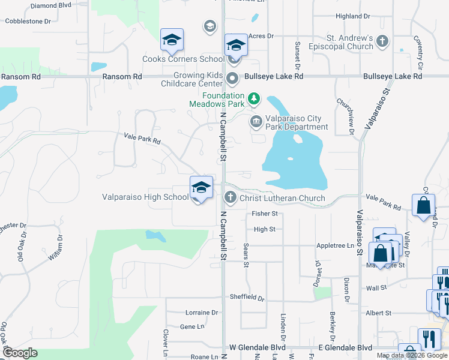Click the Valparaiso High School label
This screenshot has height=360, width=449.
pos(145,197)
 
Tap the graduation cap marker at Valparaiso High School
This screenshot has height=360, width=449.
pos(201,187)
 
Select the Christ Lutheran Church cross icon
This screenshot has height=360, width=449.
pos(230,197)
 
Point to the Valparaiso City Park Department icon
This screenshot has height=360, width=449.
pos(256,122)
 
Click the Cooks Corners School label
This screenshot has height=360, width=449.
pos(183,59)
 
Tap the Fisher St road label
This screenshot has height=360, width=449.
pos(265,214)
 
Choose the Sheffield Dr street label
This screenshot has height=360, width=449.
pos(247,297)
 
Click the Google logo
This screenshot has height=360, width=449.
pos(20,353)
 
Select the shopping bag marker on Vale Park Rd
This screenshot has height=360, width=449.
pos(424,205)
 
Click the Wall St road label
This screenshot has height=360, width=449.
pos(376,289)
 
